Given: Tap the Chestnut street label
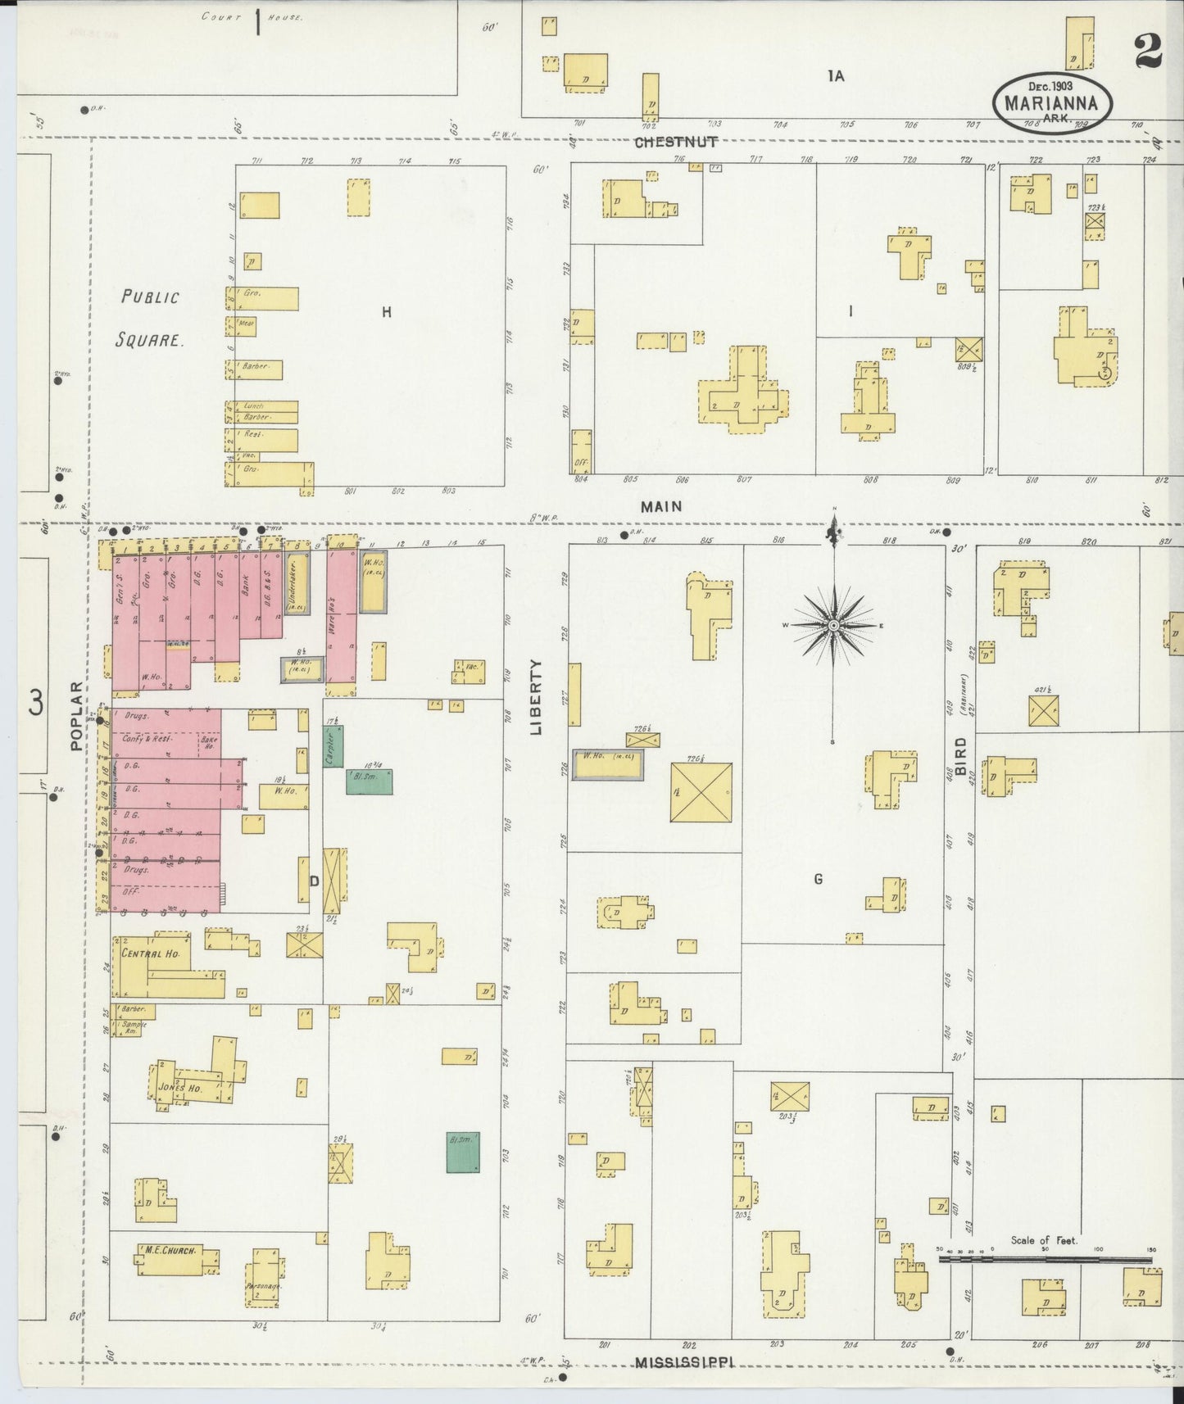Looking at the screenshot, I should [x=677, y=143].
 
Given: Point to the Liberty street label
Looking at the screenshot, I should [x=538, y=696].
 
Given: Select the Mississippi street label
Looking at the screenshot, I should [x=683, y=1363].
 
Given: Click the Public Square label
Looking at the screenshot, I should [x=151, y=318].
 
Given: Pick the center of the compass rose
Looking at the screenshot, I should [x=833, y=626].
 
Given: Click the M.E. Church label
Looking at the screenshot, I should [x=169, y=1251].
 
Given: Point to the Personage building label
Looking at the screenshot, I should [x=264, y=1286].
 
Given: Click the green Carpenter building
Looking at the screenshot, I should [x=333, y=746].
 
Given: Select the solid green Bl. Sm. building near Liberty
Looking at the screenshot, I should [x=463, y=1153].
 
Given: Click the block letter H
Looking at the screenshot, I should [x=387, y=311].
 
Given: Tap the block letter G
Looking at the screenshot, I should [x=818, y=879].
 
